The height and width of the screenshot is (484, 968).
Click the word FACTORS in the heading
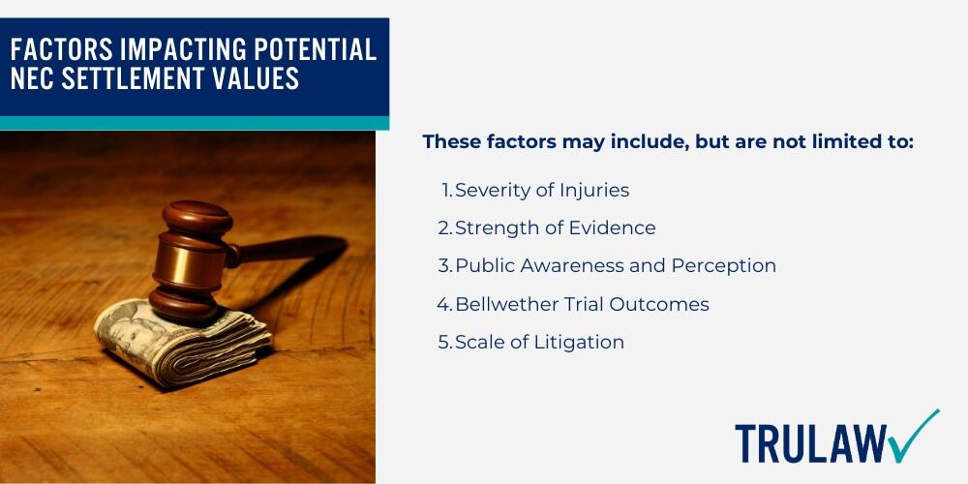(62, 49)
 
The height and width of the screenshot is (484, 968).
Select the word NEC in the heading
(35, 79)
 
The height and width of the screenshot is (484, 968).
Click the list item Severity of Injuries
(542, 190)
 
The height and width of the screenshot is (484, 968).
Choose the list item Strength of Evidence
(555, 227)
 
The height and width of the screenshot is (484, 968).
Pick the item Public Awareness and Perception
(616, 266)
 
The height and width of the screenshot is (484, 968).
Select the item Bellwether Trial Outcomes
(582, 304)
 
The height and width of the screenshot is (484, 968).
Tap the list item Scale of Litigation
(539, 342)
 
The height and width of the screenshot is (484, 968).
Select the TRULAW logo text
(811, 443)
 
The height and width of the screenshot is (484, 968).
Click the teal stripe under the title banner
(195, 123)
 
